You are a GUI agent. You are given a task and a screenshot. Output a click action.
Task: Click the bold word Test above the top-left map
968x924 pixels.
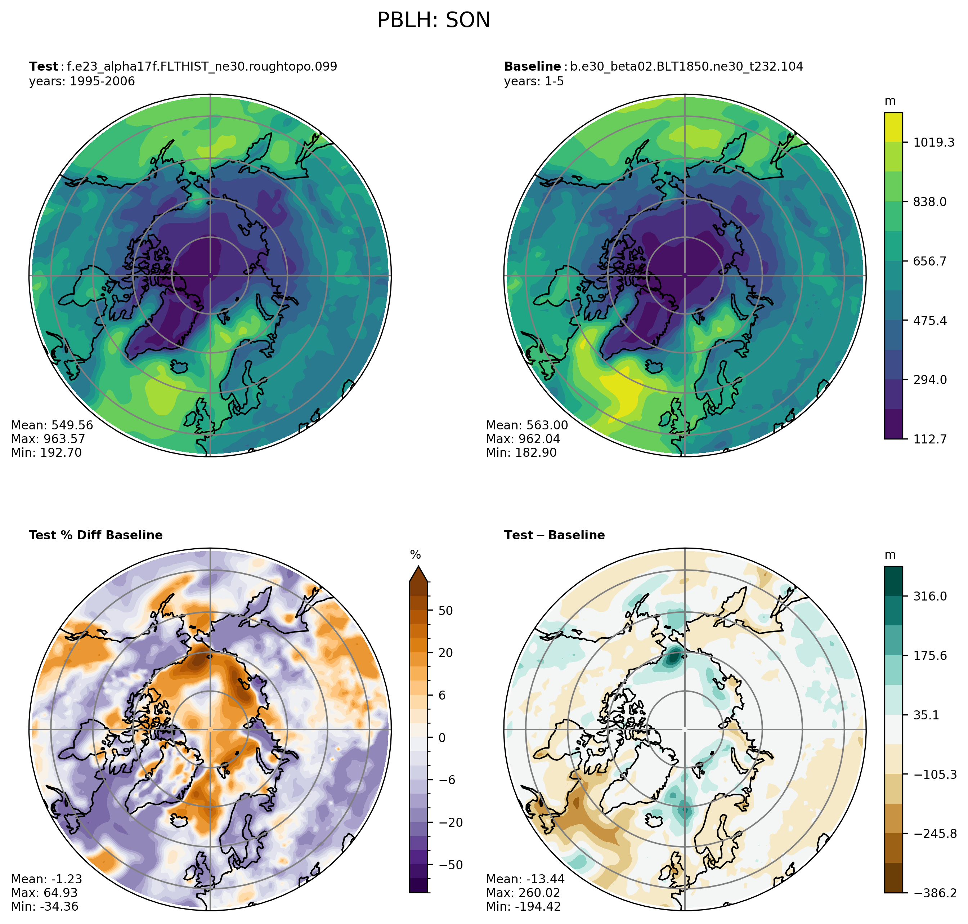[43, 67]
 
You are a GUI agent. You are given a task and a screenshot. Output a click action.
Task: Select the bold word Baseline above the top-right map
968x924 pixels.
[532, 67]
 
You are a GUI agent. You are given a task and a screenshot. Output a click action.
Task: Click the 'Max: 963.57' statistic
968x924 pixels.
[48, 439]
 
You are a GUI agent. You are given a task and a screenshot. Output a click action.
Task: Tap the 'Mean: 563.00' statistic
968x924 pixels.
[527, 425]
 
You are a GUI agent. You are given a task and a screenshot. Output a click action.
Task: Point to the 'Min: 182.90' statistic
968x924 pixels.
[521, 453]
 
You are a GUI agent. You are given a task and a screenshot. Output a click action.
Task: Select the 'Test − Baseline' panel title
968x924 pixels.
[555, 535]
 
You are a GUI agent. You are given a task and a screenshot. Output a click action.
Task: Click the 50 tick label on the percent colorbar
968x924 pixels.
[445, 611]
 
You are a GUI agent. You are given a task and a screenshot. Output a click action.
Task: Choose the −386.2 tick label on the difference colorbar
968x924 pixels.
[935, 893]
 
